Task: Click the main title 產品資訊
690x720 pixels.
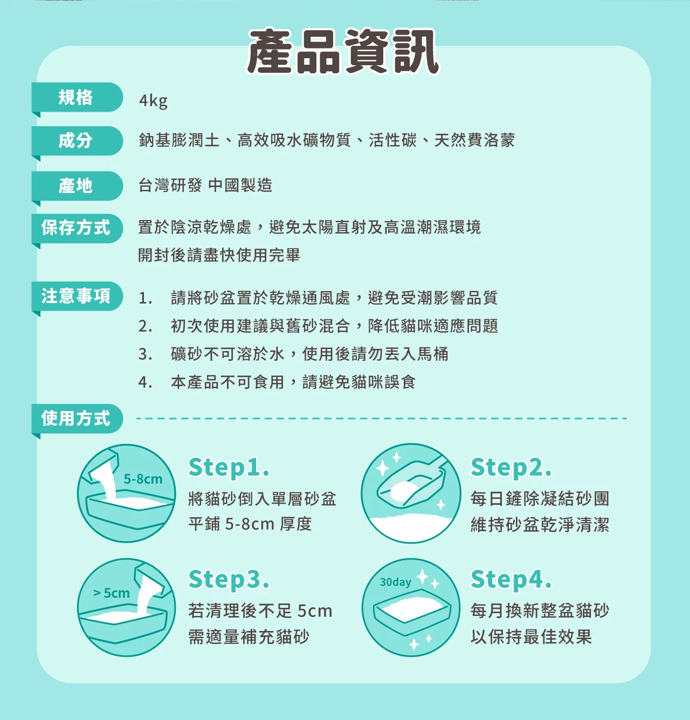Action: [x=343, y=51]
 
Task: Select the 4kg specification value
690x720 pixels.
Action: [x=153, y=100]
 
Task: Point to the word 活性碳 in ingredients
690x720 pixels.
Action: [x=392, y=140]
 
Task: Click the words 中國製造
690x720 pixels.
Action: [x=240, y=185]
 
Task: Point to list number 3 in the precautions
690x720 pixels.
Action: [x=145, y=354]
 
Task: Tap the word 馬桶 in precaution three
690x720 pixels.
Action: [x=433, y=354]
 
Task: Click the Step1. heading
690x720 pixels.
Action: [x=229, y=468]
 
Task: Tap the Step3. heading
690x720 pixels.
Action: [x=229, y=579]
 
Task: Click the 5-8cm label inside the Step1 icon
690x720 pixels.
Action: [x=143, y=479]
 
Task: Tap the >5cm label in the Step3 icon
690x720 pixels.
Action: [x=111, y=593]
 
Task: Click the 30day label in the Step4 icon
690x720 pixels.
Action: [x=395, y=582]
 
